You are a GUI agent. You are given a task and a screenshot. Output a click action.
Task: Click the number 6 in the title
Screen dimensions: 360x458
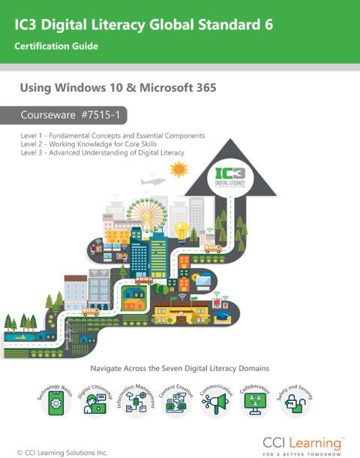coord(268,24)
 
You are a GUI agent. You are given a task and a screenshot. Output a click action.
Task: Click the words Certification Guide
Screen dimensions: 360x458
coord(56,46)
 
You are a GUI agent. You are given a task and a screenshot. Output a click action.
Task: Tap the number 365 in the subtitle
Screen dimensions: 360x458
coord(206,88)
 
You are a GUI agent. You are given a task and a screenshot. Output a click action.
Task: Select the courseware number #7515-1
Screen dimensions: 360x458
coord(100,115)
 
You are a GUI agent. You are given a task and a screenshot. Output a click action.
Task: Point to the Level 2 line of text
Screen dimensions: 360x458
coord(88,144)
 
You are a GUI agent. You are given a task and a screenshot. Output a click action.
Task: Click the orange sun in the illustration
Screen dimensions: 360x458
coord(178,170)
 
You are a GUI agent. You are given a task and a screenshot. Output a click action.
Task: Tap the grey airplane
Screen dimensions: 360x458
coord(153,181)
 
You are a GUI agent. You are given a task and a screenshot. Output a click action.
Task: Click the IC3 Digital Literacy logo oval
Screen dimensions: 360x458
coord(230,177)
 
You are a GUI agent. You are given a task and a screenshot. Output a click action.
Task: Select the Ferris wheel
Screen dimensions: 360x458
coord(147,214)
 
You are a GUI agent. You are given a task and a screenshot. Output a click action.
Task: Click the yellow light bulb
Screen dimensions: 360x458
coord(181,233)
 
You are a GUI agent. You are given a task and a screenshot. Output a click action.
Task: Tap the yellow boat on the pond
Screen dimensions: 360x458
coord(20,337)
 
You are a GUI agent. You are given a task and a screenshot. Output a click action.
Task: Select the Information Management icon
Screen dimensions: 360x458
coord(136,402)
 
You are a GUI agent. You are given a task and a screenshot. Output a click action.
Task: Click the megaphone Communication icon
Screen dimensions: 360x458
coord(216,404)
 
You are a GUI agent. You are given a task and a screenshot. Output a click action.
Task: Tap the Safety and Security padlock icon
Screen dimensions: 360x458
coord(295,403)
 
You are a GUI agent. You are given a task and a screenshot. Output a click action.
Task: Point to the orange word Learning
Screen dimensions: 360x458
coord(315,444)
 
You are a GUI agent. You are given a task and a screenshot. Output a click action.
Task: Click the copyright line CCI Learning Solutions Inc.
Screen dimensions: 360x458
coord(62,453)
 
